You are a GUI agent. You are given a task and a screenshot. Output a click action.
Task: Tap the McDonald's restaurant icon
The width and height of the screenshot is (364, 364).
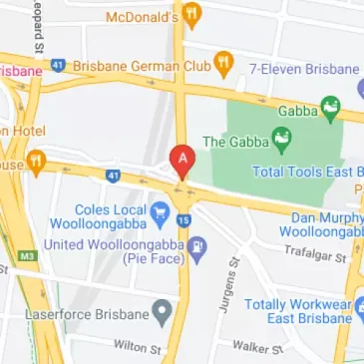[192, 16]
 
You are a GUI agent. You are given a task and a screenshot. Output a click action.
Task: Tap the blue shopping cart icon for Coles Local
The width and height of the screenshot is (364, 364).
[159, 211]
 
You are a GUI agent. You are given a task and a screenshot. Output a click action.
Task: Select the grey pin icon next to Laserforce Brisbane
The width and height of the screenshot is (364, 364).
[160, 315]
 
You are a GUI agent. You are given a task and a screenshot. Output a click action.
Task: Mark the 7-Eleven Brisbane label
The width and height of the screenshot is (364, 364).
[304, 70]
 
